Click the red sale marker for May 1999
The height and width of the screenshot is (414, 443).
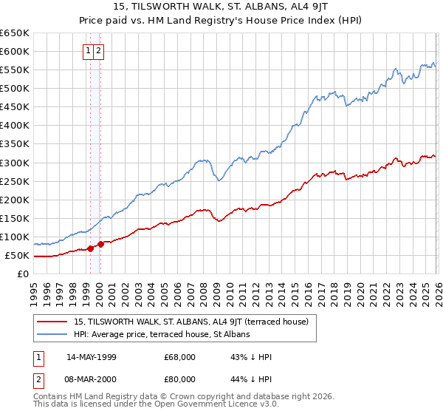tap(90, 248)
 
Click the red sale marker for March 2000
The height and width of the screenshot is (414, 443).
tap(100, 244)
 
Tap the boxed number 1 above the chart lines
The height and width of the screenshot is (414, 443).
tap(89, 51)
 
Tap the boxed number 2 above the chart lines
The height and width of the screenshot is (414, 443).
tap(99, 51)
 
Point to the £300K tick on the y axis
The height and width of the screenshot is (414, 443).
tap(15, 163)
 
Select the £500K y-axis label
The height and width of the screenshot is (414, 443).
tap(15, 89)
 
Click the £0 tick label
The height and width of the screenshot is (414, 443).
tap(24, 274)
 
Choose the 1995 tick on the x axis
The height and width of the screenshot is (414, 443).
tap(34, 288)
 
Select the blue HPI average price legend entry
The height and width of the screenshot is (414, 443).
tap(162, 335)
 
